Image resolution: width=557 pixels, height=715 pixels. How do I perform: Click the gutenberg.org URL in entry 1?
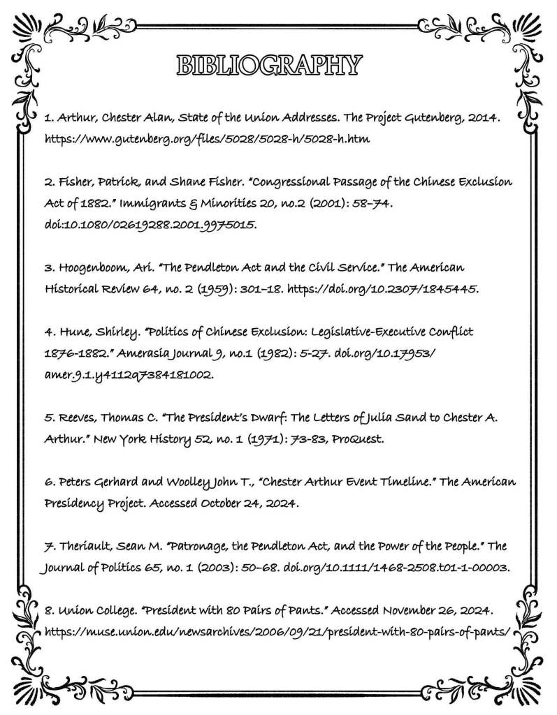pyautogui.click(x=207, y=139)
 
